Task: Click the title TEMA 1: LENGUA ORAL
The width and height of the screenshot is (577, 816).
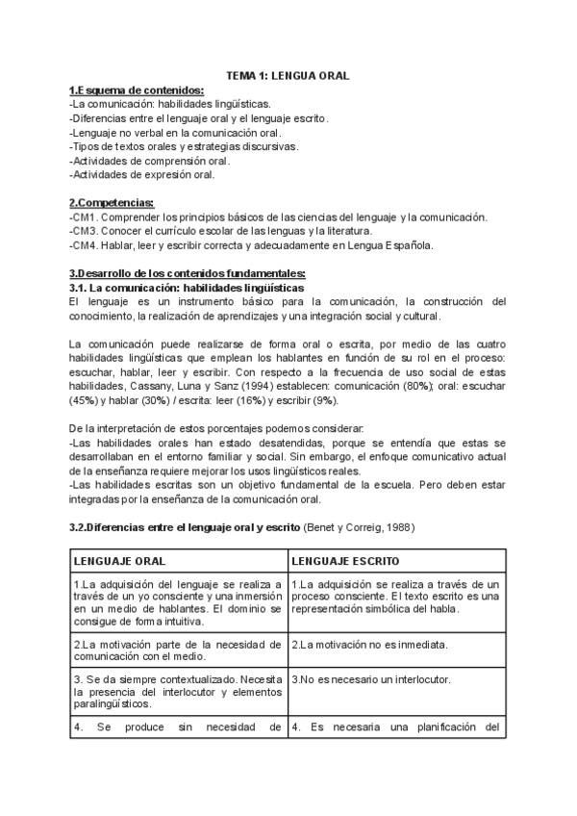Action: (x=288, y=74)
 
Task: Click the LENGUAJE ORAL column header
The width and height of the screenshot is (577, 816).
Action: (x=118, y=560)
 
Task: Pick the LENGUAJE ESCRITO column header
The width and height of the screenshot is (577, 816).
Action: (x=346, y=560)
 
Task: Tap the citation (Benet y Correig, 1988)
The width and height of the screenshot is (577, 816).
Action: (x=360, y=527)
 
